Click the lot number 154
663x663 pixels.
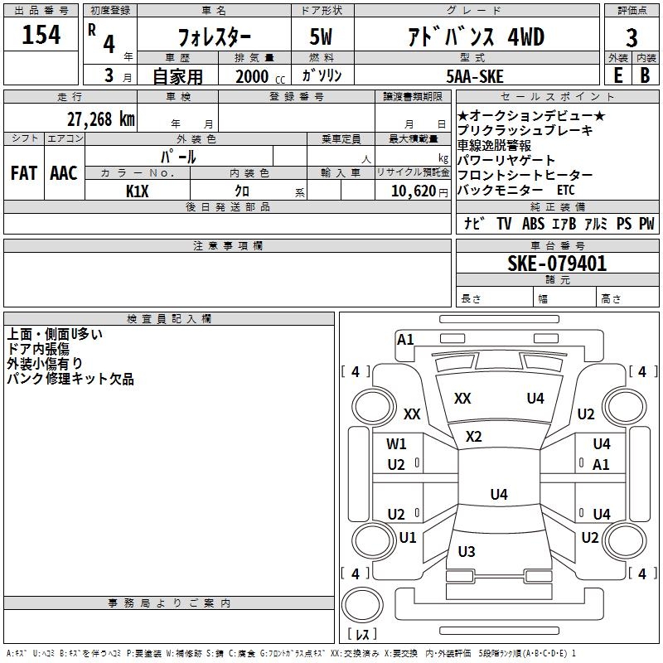(41, 36)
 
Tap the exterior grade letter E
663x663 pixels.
(617, 75)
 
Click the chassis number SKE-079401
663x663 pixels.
(557, 264)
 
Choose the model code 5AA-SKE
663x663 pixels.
(474, 75)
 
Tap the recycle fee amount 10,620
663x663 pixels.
(411, 191)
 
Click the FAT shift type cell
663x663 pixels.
(24, 173)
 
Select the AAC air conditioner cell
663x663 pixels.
(64, 173)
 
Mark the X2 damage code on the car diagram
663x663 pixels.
(474, 436)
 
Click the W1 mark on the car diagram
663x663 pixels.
(397, 444)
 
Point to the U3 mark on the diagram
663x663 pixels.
(467, 551)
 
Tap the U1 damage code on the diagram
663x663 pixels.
(408, 538)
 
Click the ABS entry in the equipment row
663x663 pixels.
(533, 224)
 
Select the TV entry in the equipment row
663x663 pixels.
(504, 224)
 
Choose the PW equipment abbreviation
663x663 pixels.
(646, 224)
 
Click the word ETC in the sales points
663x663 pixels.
(565, 190)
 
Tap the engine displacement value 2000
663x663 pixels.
(252, 75)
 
